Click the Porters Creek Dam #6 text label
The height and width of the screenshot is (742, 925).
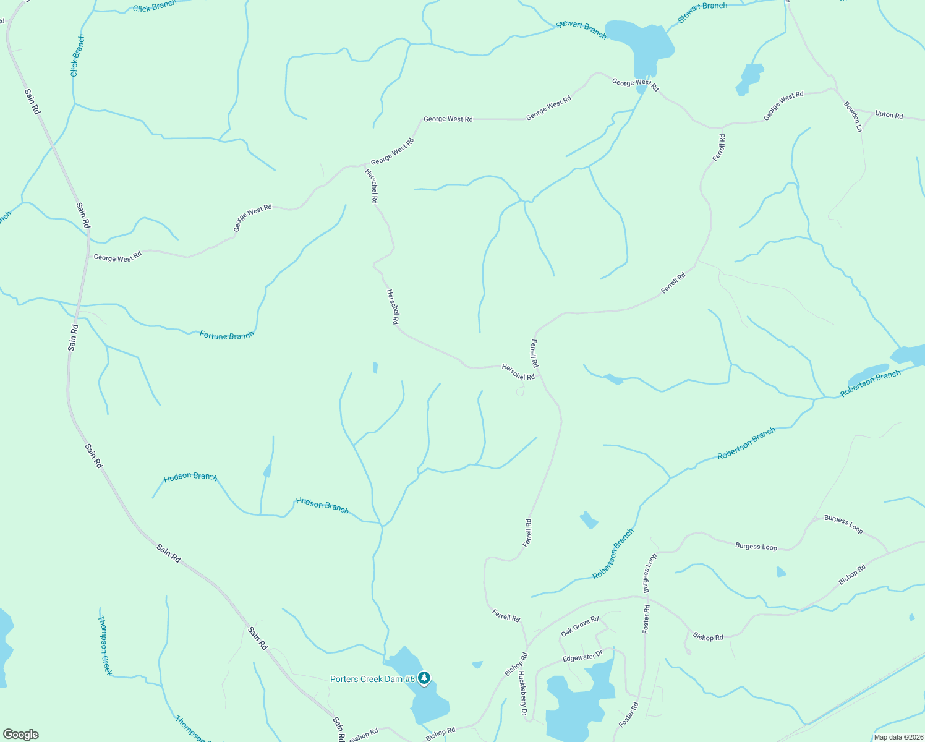click(372, 679)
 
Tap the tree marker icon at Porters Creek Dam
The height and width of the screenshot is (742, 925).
click(424, 678)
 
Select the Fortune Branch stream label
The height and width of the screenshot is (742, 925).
click(226, 335)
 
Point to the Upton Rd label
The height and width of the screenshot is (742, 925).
click(889, 115)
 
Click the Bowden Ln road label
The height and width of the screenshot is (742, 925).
click(853, 117)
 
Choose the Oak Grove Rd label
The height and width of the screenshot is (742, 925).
click(579, 626)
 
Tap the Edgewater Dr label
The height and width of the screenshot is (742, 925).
click(582, 657)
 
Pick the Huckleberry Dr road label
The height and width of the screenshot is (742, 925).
click(522, 694)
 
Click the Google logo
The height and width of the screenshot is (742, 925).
click(21, 735)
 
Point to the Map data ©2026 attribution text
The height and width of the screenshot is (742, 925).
click(898, 737)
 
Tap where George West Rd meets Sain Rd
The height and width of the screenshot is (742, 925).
click(88, 251)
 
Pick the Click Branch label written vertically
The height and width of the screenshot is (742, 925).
click(77, 56)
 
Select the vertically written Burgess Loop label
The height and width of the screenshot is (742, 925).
click(650, 573)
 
